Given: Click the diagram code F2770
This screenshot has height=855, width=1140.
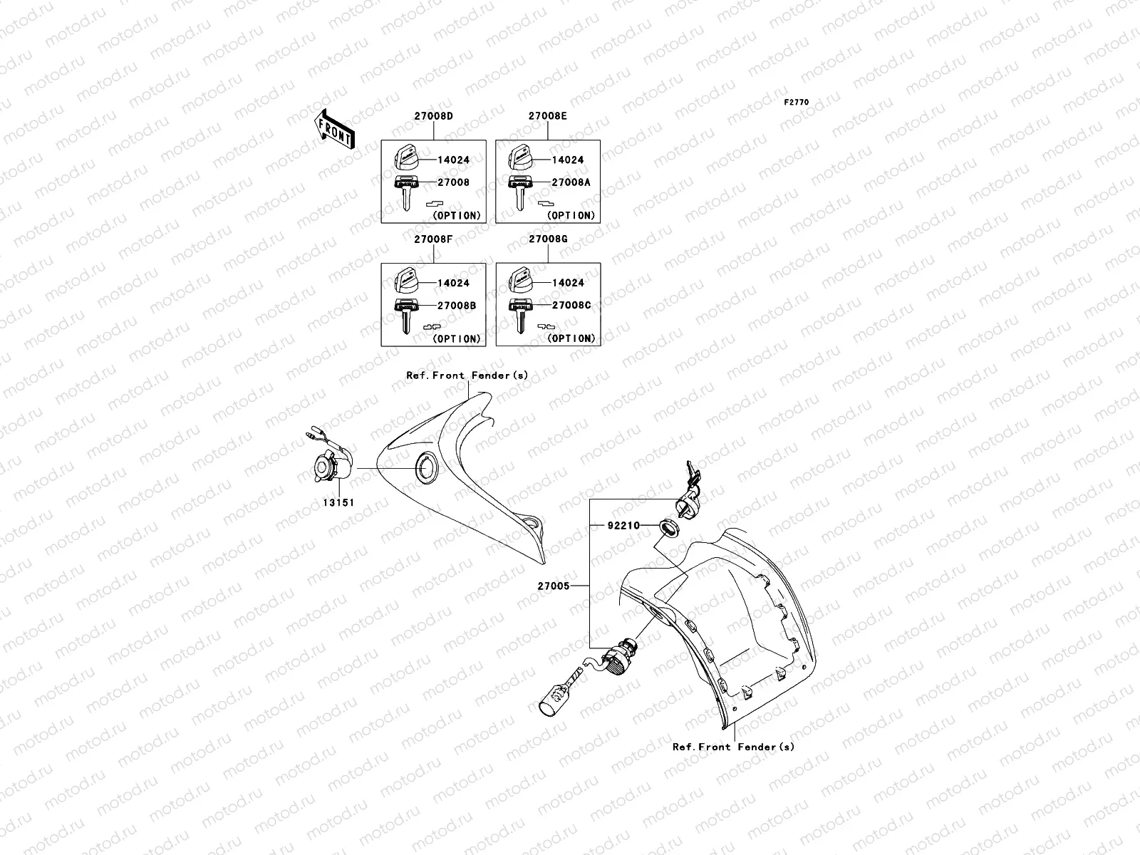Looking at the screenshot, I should click(x=797, y=103).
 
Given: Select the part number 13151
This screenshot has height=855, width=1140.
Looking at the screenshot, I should click(x=338, y=502).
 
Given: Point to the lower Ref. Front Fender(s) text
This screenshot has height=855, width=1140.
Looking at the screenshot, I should click(x=733, y=747).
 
